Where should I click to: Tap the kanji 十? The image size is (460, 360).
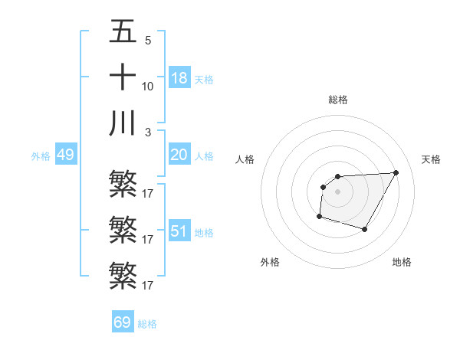(x=123, y=77)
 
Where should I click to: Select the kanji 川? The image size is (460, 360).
(x=123, y=123)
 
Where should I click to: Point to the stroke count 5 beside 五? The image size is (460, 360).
(x=147, y=40)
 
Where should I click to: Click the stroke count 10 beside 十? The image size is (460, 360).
(x=148, y=86)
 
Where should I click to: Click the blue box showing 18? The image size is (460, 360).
(x=179, y=78)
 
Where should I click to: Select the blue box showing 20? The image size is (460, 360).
(x=179, y=155)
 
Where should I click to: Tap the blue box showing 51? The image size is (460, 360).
(x=179, y=231)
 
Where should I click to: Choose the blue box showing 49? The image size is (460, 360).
(x=65, y=155)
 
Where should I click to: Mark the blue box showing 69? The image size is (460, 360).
(x=123, y=322)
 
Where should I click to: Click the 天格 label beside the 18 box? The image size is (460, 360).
(x=204, y=80)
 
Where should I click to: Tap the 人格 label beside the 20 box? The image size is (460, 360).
(x=204, y=156)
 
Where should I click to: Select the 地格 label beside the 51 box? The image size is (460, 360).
(x=204, y=233)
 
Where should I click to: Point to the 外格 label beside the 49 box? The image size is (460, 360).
(x=41, y=156)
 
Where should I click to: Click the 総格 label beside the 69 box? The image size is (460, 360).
(x=147, y=324)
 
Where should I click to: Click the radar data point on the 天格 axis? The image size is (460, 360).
(x=396, y=172)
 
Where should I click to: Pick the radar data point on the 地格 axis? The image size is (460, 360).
(x=365, y=229)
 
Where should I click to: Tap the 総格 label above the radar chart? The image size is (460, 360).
(x=338, y=100)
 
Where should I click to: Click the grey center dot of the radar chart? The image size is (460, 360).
(x=337, y=191)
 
